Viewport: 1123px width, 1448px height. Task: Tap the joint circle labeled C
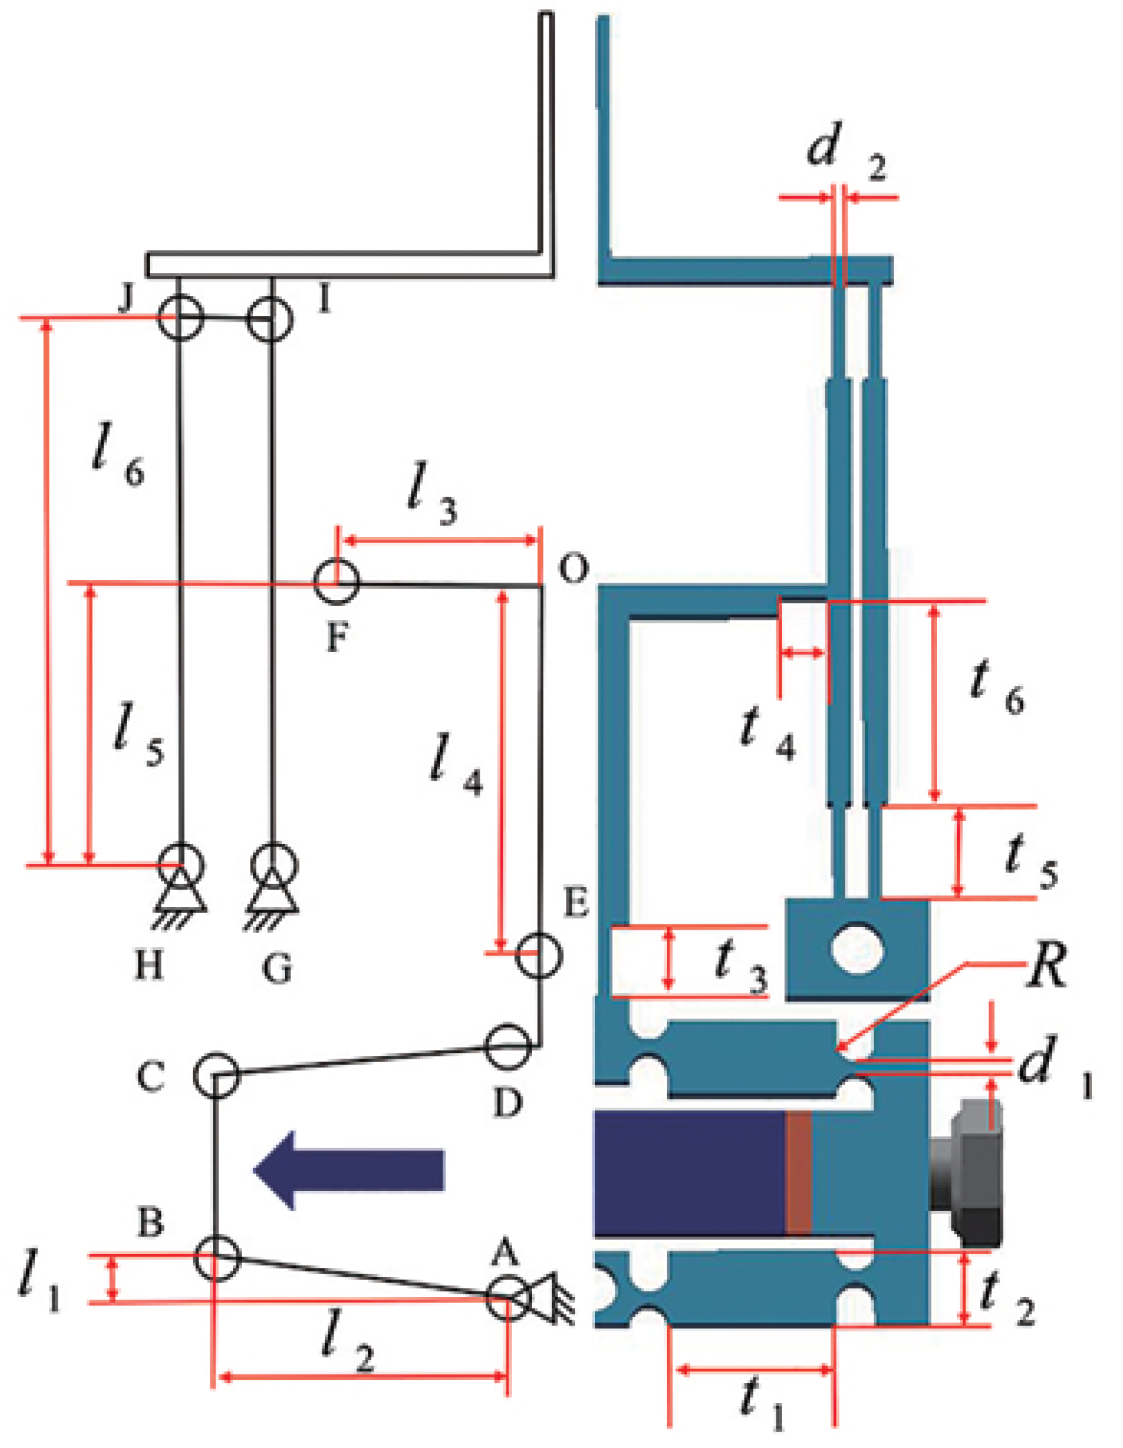click(x=216, y=1074)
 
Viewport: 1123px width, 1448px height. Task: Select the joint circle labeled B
click(x=216, y=1257)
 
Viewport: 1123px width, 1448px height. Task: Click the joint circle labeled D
click(x=507, y=1046)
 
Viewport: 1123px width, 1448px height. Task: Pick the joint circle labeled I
click(x=269, y=320)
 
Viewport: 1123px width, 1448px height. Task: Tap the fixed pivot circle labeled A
click(x=508, y=1298)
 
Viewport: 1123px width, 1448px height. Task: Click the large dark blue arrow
click(x=349, y=1169)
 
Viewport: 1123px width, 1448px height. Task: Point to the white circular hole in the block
click(x=857, y=949)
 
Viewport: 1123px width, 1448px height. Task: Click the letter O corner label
click(x=573, y=568)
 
